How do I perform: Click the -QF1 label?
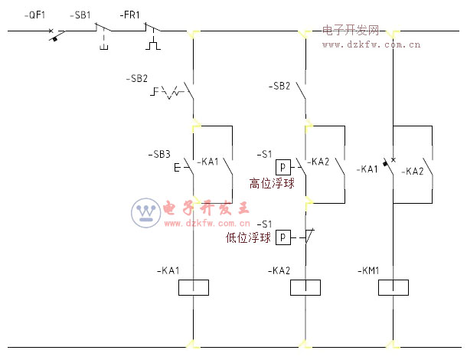pyautogui.click(x=35, y=15)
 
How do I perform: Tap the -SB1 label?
pyautogui.click(x=80, y=15)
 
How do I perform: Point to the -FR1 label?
pyautogui.click(x=130, y=15)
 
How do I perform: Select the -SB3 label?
pyautogui.click(x=158, y=154)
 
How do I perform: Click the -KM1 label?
pyautogui.click(x=370, y=270)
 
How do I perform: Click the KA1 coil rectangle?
pyautogui.click(x=193, y=288)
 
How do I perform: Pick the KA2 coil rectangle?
pyautogui.click(x=305, y=288)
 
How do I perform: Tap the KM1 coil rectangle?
pyautogui.click(x=394, y=288)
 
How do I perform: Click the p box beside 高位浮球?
pyautogui.click(x=282, y=167)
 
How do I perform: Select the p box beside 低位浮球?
pyautogui.click(x=282, y=237)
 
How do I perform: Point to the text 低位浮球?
pyautogui.click(x=249, y=237)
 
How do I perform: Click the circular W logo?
pyautogui.click(x=145, y=213)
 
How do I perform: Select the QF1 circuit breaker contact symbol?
pyautogui.click(x=55, y=33)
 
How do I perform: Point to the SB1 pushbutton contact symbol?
pyautogui.click(x=103, y=32)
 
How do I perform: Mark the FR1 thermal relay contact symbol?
pyautogui.click(x=152, y=32)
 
